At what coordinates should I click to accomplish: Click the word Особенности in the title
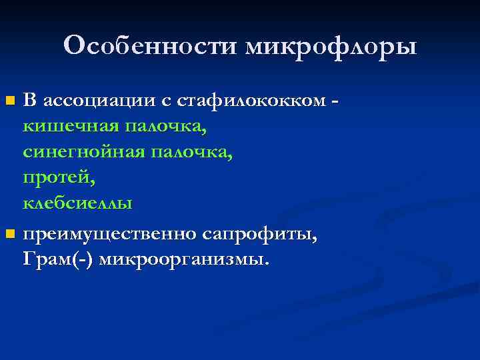click(x=152, y=46)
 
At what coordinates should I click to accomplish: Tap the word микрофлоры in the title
click(x=331, y=47)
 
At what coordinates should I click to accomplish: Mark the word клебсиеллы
click(x=77, y=203)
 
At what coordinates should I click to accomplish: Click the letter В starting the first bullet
click(x=29, y=101)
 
